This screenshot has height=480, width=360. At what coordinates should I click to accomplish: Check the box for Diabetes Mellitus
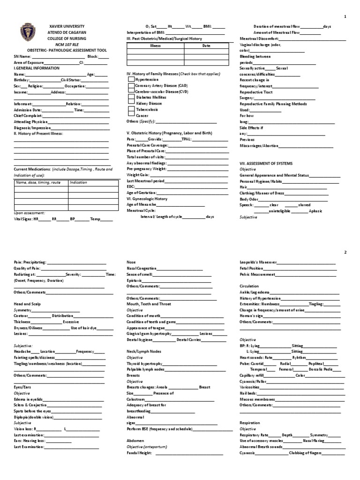point(131,97)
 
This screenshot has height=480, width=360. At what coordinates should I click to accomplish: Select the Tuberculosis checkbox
point(131,109)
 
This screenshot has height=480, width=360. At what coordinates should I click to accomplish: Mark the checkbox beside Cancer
point(131,115)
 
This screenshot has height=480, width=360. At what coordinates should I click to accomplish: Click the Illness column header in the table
point(155,45)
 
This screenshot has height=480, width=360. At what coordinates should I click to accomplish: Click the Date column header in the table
point(206,45)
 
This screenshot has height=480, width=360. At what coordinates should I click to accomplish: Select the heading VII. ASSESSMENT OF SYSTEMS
point(266,163)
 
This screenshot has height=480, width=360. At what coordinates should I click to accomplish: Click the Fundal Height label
point(139,453)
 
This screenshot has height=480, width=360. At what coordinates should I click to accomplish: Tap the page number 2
point(345,252)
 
